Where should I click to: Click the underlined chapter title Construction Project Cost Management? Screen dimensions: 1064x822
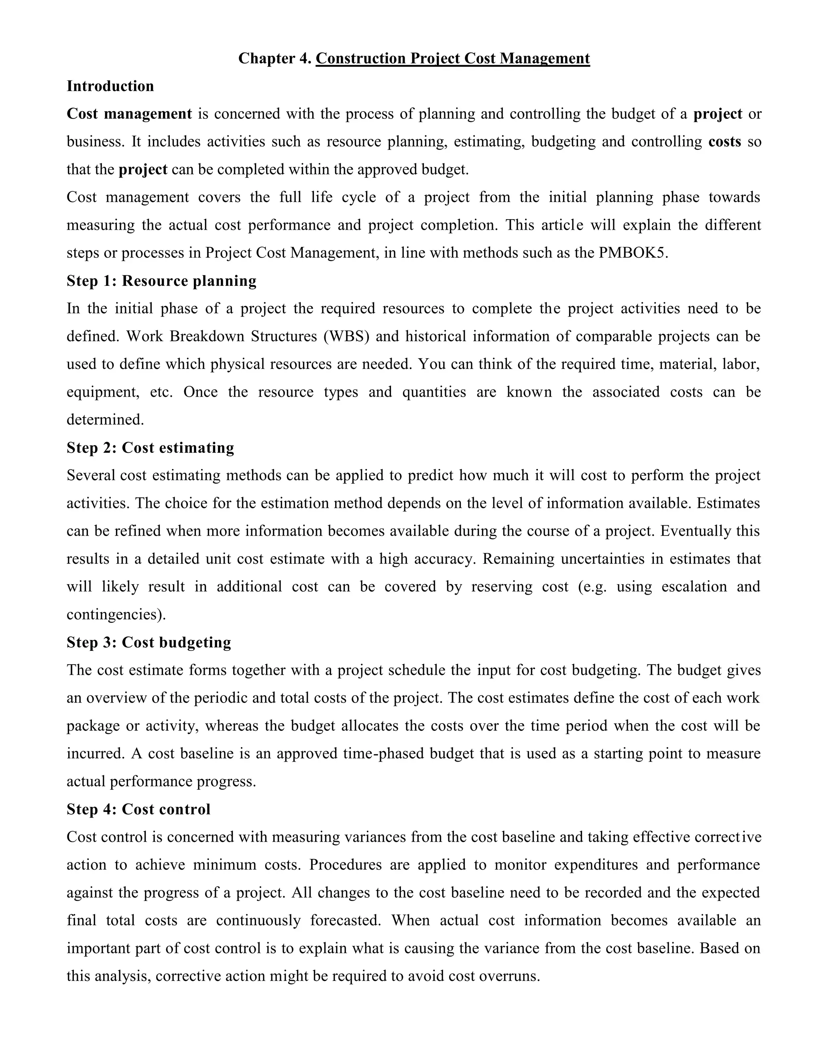tap(452, 59)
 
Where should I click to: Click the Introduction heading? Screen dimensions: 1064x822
tap(110, 86)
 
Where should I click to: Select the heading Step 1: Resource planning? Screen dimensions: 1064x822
tap(161, 281)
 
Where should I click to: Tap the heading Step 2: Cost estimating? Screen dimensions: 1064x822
tap(150, 448)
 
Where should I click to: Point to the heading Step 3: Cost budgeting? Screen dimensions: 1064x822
tap(149, 642)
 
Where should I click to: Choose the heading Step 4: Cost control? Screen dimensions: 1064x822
tap(138, 809)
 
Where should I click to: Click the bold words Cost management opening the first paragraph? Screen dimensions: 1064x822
tap(129, 114)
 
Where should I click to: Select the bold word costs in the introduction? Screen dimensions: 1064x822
tap(724, 142)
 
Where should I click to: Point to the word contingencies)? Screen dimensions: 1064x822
tap(116, 614)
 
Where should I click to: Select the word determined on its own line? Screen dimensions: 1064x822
tap(105, 420)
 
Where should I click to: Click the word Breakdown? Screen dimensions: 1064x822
tap(206, 336)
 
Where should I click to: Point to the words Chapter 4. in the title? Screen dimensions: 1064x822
tap(274, 59)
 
